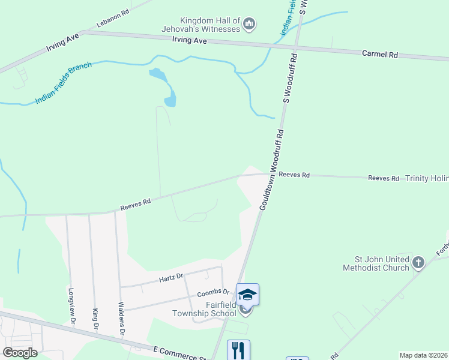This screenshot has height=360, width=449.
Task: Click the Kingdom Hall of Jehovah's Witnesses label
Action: (201, 25)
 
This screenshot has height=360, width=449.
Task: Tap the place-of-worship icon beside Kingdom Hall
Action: (249, 25)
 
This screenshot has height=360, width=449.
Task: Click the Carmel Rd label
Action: (380, 54)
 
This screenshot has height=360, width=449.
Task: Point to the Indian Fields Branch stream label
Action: (63, 83)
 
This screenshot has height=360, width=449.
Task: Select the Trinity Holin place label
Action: (427, 178)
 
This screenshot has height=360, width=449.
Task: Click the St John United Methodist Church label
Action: (376, 263)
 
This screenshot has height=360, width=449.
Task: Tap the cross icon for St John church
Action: (418, 262)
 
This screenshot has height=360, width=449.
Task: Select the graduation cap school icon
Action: (247, 294)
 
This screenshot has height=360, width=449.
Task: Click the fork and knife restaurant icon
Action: (238, 350)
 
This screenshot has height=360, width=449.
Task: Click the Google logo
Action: (20, 353)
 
